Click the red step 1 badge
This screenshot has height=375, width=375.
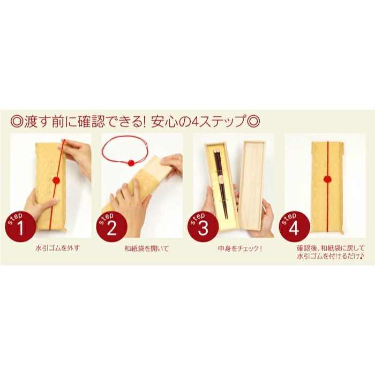click(x=20, y=227)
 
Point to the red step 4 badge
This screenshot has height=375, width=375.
click(x=293, y=227)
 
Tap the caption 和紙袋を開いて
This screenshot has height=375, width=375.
click(x=138, y=249)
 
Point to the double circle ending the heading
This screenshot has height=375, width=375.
click(x=253, y=121)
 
